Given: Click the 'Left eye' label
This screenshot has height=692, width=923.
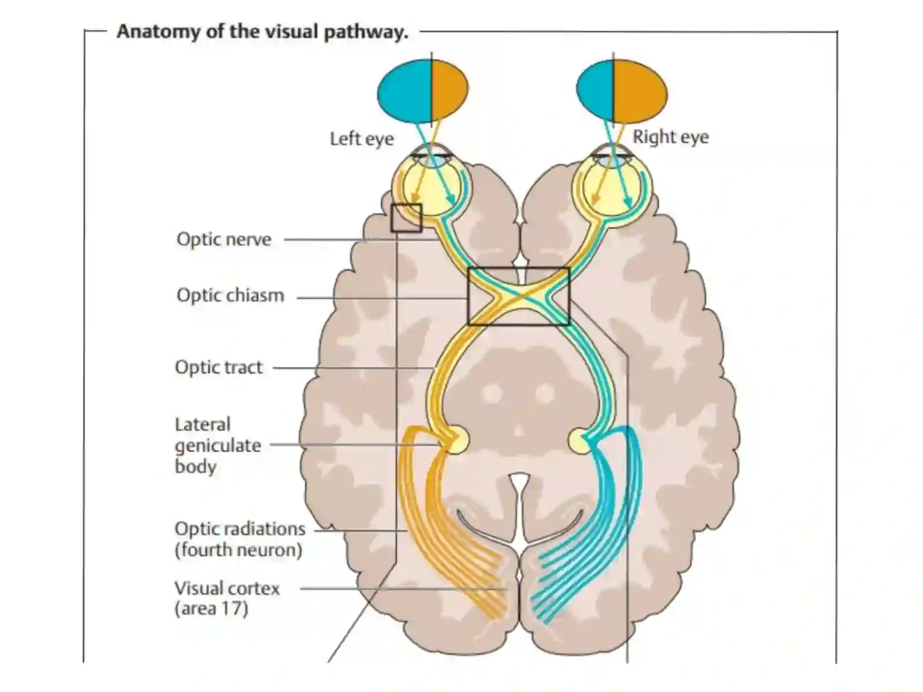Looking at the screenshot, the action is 362,139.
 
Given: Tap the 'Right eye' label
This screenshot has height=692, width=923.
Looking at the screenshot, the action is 671,137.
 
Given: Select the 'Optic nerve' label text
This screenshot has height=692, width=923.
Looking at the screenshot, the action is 224,239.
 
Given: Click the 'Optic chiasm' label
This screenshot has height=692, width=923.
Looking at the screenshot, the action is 230,295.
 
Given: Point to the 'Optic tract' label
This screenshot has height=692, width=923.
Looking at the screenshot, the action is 219,367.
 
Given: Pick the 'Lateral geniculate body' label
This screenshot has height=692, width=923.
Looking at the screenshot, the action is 218,445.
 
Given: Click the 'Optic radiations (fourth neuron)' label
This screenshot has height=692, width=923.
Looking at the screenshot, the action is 240,539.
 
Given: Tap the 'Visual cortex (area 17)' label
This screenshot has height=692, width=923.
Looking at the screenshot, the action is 227,599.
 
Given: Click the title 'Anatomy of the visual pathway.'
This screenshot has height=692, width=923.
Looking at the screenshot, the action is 263,32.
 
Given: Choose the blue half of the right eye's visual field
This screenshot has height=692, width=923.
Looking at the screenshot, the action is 595,91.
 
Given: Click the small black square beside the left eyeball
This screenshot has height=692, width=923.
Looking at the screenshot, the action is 406,218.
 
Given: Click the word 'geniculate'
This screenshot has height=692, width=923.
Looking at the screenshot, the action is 218,446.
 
